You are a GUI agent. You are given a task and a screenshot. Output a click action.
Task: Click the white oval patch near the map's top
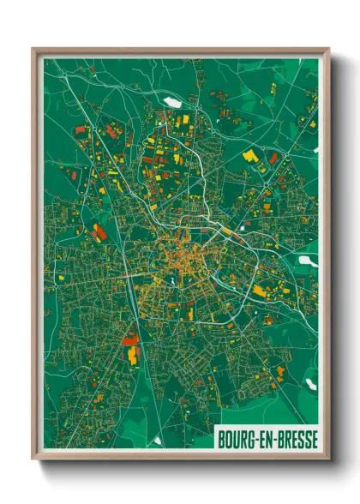pyautogui.click(x=173, y=103)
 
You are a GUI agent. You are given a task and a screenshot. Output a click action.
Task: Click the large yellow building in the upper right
pyautogui.click(x=250, y=156)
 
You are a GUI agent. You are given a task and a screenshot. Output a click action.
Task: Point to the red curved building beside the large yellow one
pyautogui.click(x=273, y=159)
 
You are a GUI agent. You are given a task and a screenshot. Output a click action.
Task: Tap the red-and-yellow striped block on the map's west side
pyautogui.click(x=100, y=231)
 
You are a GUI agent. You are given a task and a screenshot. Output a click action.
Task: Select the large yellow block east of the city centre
pyautogui.click(x=259, y=291)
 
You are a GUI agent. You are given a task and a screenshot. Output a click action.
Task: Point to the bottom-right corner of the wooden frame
pyautogui.click(x=328, y=457)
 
